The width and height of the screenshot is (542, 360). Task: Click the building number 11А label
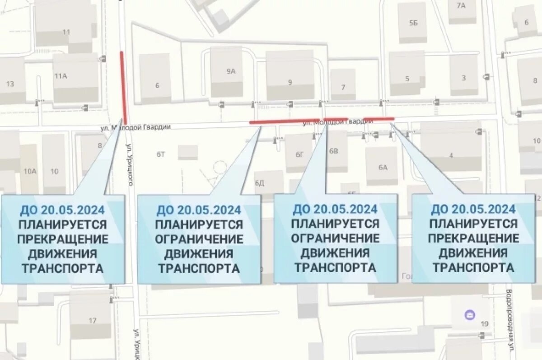61,76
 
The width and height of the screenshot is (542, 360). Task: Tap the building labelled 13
10,84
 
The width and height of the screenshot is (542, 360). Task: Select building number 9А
231,71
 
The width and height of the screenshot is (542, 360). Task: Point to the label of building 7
343,87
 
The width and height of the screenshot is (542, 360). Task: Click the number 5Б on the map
413,23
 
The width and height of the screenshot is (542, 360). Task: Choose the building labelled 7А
461,6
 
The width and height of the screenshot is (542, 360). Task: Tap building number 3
464,78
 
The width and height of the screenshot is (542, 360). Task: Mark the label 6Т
161,154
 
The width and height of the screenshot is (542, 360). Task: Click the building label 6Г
300,154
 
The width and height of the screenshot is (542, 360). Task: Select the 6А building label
383,168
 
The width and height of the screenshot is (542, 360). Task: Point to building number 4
451,156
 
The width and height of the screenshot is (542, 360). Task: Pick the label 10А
30,171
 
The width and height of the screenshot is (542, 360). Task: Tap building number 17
92,321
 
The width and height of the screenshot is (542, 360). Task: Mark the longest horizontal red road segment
285,121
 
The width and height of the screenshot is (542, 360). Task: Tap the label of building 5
407,79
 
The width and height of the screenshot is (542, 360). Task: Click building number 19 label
485,324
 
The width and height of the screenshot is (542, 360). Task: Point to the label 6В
334,151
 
